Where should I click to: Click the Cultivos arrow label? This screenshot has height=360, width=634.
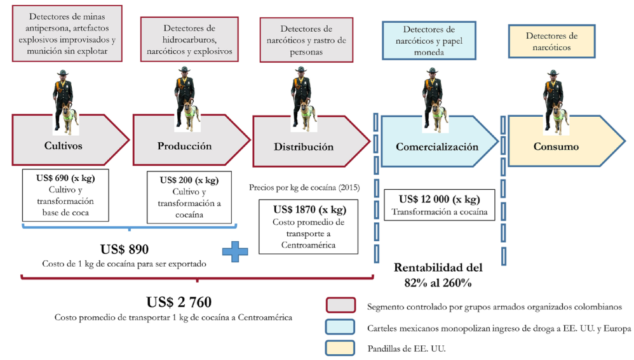[x=63, y=146]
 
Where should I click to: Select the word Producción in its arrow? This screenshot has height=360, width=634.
[x=184, y=146]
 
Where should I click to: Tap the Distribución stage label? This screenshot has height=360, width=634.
[x=304, y=147]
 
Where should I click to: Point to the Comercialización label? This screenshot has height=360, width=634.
[x=437, y=147]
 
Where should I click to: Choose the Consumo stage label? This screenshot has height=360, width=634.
[x=556, y=147]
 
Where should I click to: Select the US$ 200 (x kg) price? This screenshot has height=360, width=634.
[x=189, y=180]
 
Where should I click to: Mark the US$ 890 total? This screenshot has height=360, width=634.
[x=125, y=249]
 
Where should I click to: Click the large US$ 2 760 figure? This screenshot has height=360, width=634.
[x=179, y=301]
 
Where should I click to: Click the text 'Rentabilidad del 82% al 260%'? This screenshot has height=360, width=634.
[x=438, y=275]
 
